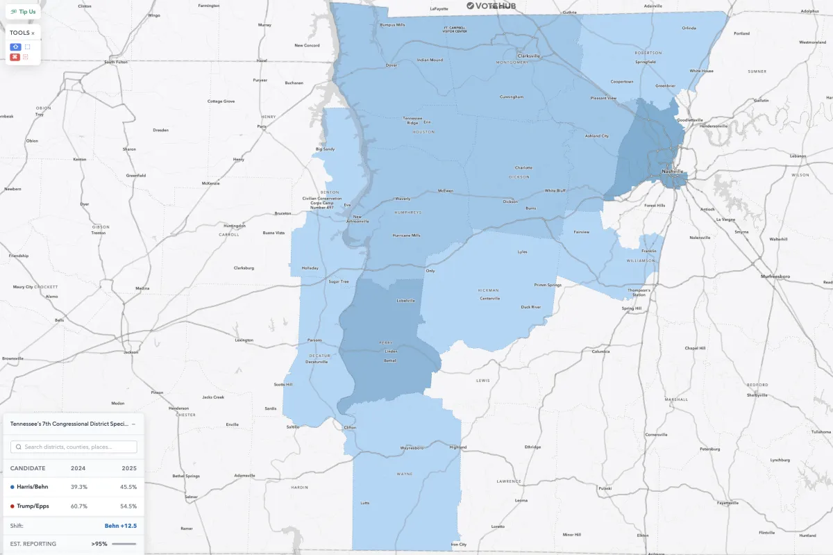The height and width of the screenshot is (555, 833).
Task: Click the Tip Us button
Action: click(23, 12)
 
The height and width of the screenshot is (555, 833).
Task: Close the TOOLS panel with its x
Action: click(33, 33)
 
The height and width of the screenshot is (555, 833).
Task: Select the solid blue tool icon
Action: click(15, 47)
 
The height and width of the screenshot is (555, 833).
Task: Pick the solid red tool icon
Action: click(15, 57)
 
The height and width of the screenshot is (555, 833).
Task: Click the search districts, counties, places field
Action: click(74, 447)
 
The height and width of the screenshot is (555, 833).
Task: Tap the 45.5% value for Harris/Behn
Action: click(128, 487)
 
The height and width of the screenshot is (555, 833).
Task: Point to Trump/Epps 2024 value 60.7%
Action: click(79, 506)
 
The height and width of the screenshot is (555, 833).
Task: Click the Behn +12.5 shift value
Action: click(120, 526)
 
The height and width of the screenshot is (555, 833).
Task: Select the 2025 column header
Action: click(128, 468)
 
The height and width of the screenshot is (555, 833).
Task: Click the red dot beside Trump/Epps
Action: click(12, 506)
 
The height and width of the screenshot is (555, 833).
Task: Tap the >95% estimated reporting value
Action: click(99, 544)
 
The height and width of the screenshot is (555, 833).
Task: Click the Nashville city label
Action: click(673, 171)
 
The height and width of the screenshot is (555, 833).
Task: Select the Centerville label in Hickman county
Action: click(490, 299)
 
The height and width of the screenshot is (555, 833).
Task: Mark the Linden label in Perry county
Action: click(391, 351)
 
